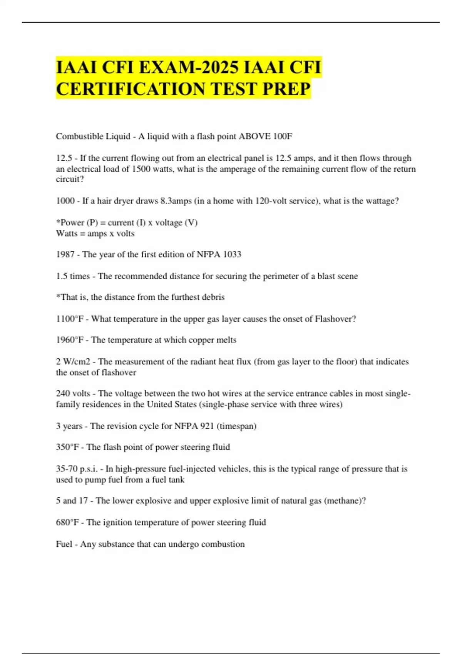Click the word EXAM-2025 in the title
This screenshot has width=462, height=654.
[x=189, y=68]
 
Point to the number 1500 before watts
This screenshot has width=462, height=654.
[x=141, y=169]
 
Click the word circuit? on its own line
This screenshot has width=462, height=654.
[x=70, y=179]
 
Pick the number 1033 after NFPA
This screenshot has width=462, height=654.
[x=232, y=254]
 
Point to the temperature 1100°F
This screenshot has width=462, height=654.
[x=70, y=319]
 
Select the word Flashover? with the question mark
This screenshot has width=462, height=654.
[x=335, y=319]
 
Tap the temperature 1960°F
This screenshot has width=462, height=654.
[x=70, y=340]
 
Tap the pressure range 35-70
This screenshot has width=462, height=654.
[x=67, y=469]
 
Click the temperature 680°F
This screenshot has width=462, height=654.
[x=67, y=522]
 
